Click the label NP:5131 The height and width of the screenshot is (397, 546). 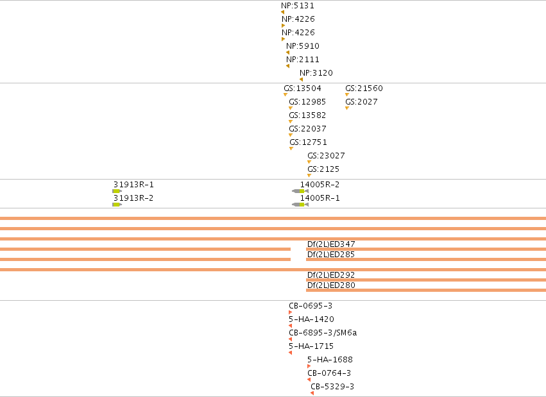[297, 6]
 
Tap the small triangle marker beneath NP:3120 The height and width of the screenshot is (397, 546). [301, 80]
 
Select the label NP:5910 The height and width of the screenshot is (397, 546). [303, 46]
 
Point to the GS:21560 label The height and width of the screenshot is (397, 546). [364, 89]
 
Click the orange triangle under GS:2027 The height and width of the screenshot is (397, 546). [347, 108]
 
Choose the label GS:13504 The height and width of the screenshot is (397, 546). [302, 89]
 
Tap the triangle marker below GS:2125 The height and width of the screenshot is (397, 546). [309, 175]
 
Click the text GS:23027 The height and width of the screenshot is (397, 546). [326, 156]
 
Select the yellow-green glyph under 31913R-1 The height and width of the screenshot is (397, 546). [117, 191]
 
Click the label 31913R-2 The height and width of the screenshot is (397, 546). [133, 198]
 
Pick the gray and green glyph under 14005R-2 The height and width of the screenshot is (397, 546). [300, 191]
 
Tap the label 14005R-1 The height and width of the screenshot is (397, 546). [320, 198]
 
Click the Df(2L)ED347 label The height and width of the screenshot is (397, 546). [331, 244]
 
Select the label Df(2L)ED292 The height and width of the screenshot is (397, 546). [331, 275]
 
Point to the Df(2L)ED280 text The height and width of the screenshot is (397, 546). [331, 285]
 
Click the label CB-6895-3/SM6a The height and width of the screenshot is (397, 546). [323, 333]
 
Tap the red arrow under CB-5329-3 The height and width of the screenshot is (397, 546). [312, 393]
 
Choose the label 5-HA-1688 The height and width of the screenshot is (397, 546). [330, 359]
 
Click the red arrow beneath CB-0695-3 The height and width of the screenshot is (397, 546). [291, 312]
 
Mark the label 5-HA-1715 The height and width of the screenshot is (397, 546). [311, 346]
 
